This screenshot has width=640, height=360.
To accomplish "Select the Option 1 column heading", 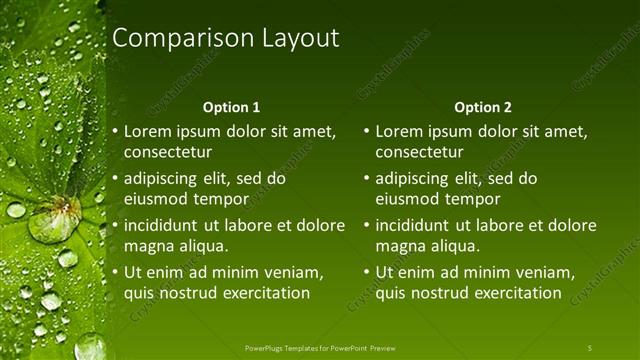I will point(231,107).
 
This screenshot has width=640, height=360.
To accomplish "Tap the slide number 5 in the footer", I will point(589,347).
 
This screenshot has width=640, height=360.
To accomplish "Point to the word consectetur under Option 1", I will point(168,152).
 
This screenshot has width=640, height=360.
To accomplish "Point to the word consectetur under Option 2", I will point(419,152).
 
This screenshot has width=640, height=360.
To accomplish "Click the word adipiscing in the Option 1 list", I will point(162,179).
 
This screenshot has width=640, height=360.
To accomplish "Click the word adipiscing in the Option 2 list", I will point(413,179).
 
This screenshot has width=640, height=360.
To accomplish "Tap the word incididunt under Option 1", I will point(164,225).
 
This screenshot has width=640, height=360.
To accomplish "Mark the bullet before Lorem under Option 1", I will point(115,131).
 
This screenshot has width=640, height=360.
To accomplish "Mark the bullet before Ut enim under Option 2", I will point(366,272).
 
